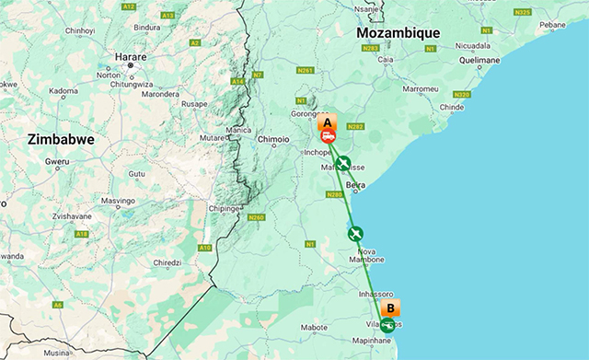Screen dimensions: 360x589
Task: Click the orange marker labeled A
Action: tap(325, 122)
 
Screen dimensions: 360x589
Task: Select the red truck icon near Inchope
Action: tap(329, 136)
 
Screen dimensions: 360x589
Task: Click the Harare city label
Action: tap(131, 56)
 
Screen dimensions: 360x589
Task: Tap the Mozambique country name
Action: tap(398, 33)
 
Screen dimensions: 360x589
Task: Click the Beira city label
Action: tap(355, 185)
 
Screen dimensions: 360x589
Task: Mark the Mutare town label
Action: tap(211, 137)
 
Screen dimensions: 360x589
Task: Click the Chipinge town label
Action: tap(224, 208)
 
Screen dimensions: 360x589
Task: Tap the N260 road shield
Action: tap(255, 217)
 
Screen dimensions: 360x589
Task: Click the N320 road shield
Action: tap(462, 94)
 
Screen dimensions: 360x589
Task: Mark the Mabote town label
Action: tap(315, 327)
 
